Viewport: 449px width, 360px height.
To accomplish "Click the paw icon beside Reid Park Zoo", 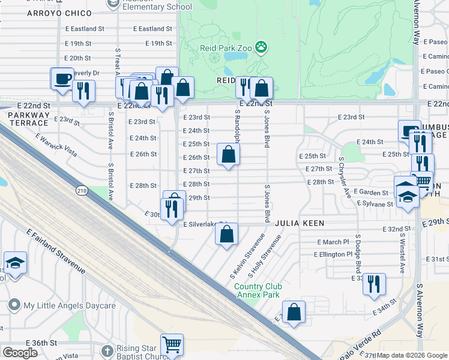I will [261, 46].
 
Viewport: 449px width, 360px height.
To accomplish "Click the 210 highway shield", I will [81, 190].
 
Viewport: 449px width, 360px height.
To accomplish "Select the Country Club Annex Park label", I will [258, 290].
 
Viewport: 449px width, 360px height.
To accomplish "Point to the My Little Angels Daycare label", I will [69, 305].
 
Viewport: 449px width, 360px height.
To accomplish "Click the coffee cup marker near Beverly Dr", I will [62, 79].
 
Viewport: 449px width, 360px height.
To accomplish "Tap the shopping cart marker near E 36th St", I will [172, 345].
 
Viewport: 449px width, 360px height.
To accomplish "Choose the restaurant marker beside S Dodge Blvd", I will [374, 284].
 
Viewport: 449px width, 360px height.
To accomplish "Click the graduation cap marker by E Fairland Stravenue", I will [16, 263].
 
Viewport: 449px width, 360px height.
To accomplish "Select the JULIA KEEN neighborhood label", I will [300, 223].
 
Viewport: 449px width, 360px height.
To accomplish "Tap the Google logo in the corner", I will [20, 352].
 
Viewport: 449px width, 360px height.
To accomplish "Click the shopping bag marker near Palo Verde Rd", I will [294, 313].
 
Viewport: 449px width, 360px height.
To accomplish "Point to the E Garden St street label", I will [371, 192].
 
